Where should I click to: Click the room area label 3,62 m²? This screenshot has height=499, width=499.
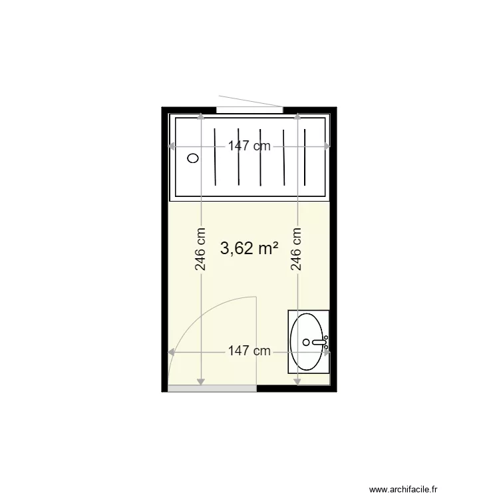point(249,248)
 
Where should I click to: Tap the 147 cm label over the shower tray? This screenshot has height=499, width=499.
point(249,146)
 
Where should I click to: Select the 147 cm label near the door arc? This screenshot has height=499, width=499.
point(249,351)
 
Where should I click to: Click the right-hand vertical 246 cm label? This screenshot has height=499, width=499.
point(297,250)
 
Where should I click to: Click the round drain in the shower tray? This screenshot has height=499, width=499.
point(194,158)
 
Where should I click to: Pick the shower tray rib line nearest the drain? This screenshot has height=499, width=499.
point(216,158)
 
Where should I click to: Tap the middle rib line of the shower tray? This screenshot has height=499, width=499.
point(261,158)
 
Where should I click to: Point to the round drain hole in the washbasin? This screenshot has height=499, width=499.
point(305,343)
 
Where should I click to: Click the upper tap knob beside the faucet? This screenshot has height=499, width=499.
point(326,338)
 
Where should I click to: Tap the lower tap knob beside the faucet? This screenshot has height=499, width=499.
point(326,347)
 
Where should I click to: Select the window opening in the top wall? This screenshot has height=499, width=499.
point(249,109)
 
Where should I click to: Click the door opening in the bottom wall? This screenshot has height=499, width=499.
point(212,388)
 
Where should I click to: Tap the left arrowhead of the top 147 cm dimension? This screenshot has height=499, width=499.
point(173,146)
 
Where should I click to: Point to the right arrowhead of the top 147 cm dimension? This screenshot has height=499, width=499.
point(327,146)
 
